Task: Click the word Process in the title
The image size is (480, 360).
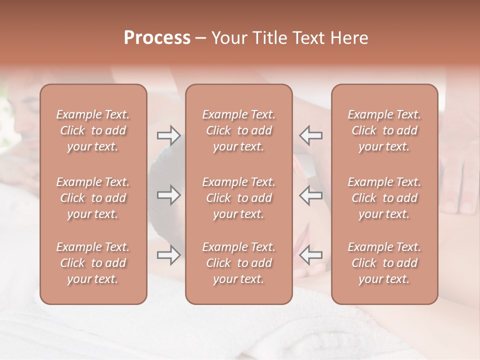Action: [x=157, y=38]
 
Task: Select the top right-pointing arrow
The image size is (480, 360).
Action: [x=168, y=135]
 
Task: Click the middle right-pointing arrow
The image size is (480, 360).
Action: [x=168, y=195]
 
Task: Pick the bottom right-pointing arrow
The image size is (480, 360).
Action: [x=168, y=255]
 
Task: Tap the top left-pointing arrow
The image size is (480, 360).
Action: [x=311, y=135]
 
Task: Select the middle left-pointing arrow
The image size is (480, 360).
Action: [x=311, y=195]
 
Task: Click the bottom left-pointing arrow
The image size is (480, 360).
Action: [x=311, y=255]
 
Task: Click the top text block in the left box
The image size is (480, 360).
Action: [x=93, y=130]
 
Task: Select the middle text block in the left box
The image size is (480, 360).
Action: [x=93, y=198]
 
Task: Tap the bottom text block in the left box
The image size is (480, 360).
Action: [x=93, y=263]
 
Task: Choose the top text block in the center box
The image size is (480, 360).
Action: [x=238, y=130]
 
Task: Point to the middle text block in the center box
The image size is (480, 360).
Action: [x=238, y=198]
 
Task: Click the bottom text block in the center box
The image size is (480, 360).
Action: [x=238, y=263]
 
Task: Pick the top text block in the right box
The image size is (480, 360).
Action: [x=384, y=130]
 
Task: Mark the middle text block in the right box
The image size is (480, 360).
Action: [x=384, y=198]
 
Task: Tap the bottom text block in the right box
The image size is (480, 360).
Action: [x=384, y=263]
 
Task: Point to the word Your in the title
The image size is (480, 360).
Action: [x=229, y=38]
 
